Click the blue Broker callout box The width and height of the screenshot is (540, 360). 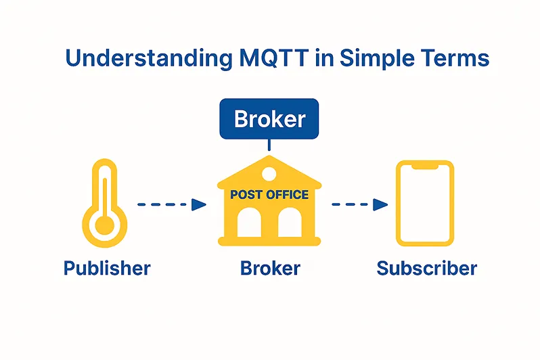(x=269, y=119)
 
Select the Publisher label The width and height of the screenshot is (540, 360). (x=107, y=268)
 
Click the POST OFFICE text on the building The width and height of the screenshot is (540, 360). (x=269, y=195)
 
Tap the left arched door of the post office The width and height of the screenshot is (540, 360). (x=249, y=223)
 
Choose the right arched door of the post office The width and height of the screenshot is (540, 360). (x=290, y=223)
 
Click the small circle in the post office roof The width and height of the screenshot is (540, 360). (x=269, y=173)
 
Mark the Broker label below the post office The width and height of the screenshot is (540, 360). (x=270, y=268)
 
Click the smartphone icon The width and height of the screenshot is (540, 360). (x=425, y=203)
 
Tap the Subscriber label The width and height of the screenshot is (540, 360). (x=426, y=268)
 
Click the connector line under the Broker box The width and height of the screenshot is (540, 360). (x=269, y=145)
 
